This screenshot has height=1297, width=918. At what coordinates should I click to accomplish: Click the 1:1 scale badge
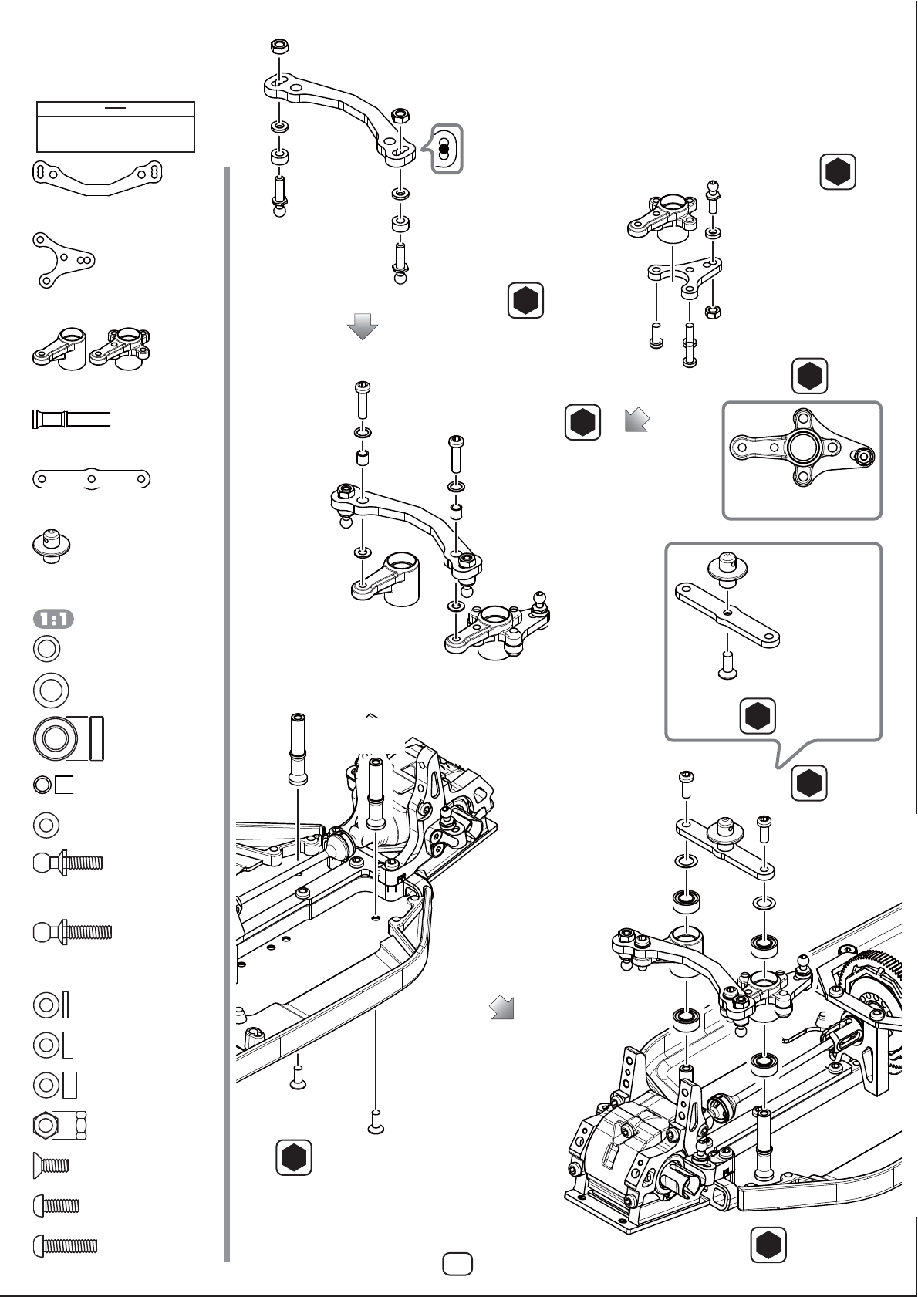pos(53,620)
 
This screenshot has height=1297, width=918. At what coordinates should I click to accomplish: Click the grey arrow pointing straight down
pos(363,326)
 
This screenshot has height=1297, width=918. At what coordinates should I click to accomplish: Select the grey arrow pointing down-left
pos(636,420)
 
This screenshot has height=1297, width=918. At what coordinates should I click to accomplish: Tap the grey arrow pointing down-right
pos(501,1007)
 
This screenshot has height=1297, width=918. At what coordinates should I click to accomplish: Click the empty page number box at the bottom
pos(457,1263)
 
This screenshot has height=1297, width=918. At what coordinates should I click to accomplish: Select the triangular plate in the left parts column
pos(63,260)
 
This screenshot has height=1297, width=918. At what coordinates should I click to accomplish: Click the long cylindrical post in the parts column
pos(71,419)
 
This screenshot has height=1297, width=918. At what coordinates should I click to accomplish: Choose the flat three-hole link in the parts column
pos(92,479)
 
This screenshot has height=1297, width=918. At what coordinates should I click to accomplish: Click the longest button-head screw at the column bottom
pos(66,1246)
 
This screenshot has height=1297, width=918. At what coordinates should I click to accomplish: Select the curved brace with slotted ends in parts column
pos(97,177)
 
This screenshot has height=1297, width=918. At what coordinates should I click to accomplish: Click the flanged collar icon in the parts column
pos(52,545)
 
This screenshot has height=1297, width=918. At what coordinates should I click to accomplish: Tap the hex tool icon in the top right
pos(838,171)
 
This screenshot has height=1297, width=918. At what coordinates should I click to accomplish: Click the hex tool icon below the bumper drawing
pos(294,1157)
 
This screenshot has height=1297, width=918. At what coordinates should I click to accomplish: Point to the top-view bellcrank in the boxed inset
pos(802,448)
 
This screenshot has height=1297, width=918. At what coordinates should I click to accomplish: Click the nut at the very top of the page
pos(279,46)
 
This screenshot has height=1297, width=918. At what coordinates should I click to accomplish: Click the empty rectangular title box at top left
pos(116,127)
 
